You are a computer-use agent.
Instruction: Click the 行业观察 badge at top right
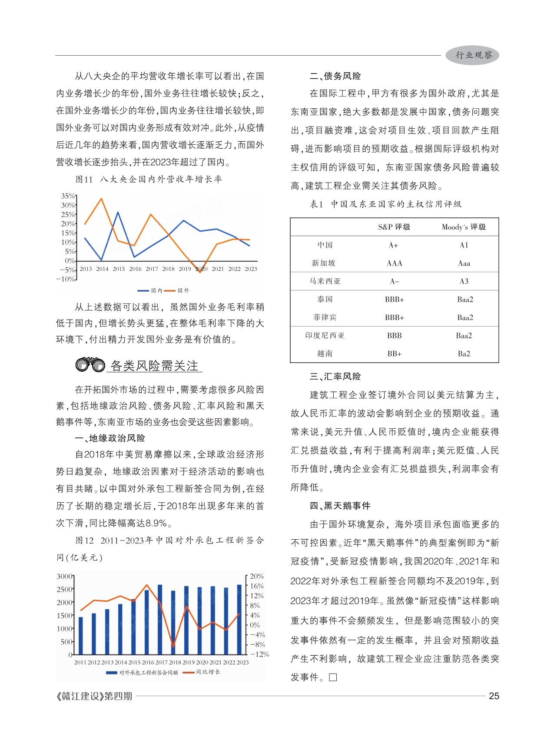point(472,55)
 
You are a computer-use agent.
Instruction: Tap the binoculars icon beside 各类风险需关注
point(90,364)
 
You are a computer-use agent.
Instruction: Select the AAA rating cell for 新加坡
point(394,263)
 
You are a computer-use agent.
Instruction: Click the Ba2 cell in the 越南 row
point(464,353)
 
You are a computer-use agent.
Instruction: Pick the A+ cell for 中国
point(393,245)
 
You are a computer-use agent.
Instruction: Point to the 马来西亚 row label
point(325,281)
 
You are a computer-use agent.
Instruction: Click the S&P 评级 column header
point(394,227)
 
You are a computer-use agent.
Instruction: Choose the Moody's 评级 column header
point(464,227)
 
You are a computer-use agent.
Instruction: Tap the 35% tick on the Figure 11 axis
point(68,196)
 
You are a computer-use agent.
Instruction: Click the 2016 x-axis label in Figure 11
point(135,269)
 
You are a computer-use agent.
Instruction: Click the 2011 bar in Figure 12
point(80,636)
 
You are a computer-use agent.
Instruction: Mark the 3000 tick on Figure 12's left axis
point(65,576)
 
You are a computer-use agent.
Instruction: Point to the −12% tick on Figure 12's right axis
point(259,654)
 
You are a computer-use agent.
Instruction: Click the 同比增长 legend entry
point(202,672)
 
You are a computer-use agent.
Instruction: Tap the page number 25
point(494,696)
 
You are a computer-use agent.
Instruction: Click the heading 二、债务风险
point(335,76)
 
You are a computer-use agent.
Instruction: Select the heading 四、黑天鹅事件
point(340,506)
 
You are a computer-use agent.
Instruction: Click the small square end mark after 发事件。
point(333,677)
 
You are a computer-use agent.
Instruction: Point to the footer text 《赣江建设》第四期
point(94,696)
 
